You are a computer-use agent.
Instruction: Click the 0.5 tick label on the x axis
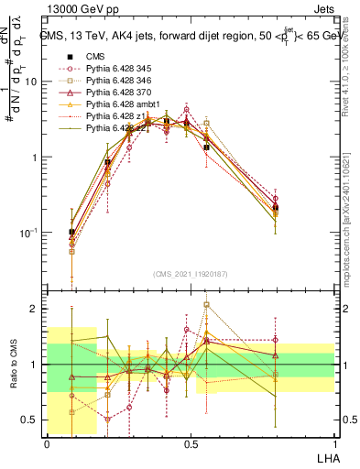pyautogui.click(x=191, y=444)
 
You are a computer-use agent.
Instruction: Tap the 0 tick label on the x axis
pyautogui.click(x=47, y=444)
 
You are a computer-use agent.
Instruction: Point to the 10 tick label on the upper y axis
pyautogui.click(x=30, y=82)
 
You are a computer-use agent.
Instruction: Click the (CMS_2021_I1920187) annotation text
pyautogui.click(x=190, y=274)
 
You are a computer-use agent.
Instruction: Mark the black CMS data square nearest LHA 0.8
pyautogui.click(x=276, y=209)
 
